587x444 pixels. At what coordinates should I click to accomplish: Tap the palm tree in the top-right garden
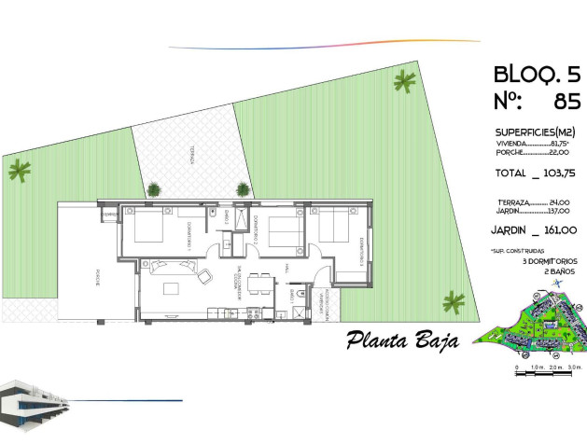pos(405,83)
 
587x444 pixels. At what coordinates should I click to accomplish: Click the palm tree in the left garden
pos(19,170)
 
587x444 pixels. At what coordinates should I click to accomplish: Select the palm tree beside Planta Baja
pos(454,300)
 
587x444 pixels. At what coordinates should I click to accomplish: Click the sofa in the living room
pos(204,273)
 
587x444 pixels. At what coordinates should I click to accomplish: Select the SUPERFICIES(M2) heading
pos(536,132)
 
